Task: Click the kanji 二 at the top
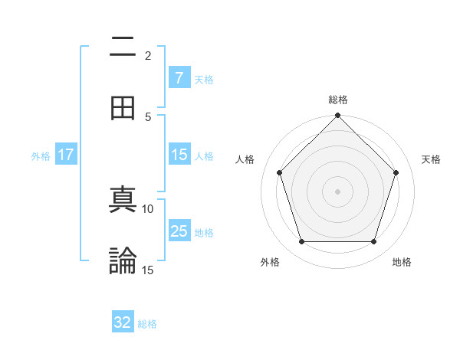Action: coord(123,47)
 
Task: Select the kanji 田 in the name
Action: coord(123,108)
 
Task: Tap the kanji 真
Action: coord(123,201)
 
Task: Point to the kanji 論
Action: coord(123,260)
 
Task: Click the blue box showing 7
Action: coord(179,78)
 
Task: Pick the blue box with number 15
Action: coord(179,155)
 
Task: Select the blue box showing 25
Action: coord(179,232)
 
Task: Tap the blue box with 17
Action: coord(66,155)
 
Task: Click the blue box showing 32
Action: coord(123,322)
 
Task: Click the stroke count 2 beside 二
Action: coord(148,55)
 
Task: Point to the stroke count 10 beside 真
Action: coord(148,208)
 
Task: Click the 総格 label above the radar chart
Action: coord(337,100)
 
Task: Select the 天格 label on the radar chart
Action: coord(432,159)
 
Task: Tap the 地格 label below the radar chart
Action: coord(402,262)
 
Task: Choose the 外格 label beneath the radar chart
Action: coord(270,262)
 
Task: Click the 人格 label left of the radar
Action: coord(245,159)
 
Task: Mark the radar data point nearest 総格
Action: coord(337,117)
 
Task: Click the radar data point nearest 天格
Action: coord(396,172)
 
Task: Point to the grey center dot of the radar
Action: coord(337,191)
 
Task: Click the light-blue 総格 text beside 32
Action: coord(147,323)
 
